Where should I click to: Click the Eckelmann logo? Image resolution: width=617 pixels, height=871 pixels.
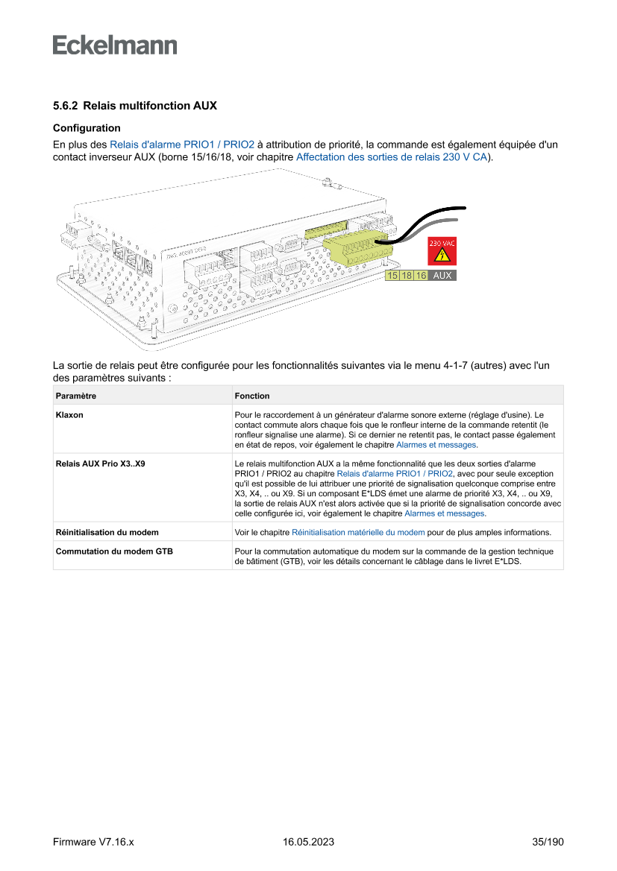pyautogui.click(x=115, y=45)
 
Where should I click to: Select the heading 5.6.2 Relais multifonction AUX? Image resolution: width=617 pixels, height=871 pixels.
pyautogui.click(x=135, y=106)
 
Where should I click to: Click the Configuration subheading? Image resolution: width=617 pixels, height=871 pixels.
pyautogui.click(x=87, y=128)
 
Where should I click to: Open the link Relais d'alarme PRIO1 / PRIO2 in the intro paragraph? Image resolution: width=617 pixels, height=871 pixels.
pyautogui.click(x=182, y=145)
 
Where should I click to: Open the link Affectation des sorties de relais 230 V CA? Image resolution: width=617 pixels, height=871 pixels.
pyautogui.click(x=392, y=158)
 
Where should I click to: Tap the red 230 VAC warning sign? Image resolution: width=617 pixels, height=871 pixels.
pyautogui.click(x=441, y=251)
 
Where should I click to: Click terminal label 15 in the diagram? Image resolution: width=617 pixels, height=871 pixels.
pyautogui.click(x=392, y=276)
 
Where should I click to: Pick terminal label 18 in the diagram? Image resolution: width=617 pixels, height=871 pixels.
pyautogui.click(x=407, y=276)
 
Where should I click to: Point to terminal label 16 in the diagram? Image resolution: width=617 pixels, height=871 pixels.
pyautogui.click(x=421, y=276)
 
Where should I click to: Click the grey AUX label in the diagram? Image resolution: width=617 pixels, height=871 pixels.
pyautogui.click(x=442, y=276)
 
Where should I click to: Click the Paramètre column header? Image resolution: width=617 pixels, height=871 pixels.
pyautogui.click(x=76, y=396)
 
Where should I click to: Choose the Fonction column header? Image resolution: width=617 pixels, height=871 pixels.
pyautogui.click(x=252, y=396)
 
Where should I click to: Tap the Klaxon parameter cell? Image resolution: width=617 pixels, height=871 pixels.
pyautogui.click(x=69, y=415)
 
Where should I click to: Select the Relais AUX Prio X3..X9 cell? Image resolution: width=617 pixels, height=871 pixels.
pyautogui.click(x=100, y=463)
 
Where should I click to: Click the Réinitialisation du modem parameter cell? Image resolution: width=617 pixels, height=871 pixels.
pyautogui.click(x=107, y=533)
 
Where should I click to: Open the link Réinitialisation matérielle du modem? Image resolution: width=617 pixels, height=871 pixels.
pyautogui.click(x=358, y=533)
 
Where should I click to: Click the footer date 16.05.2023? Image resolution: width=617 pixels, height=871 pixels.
pyautogui.click(x=308, y=842)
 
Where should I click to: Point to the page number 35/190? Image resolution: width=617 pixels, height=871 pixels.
pyautogui.click(x=548, y=842)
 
